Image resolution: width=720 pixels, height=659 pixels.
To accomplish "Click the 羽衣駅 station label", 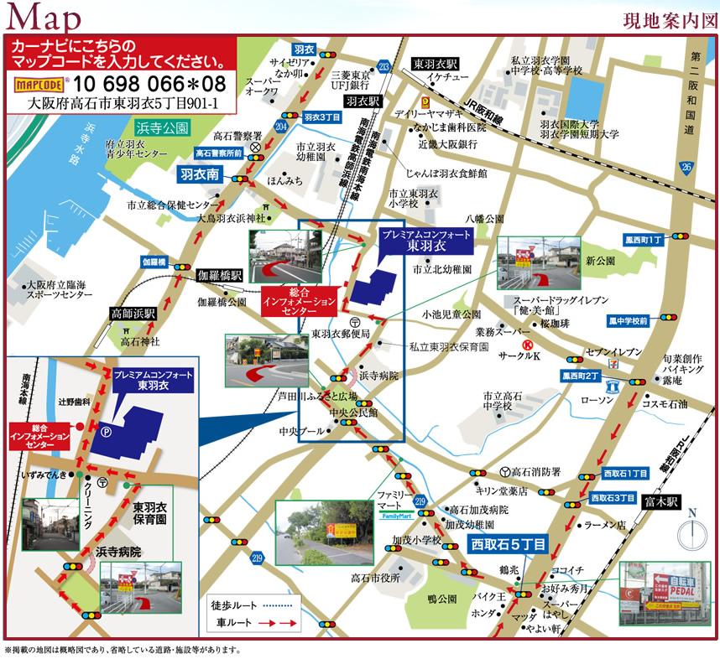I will click(363, 100).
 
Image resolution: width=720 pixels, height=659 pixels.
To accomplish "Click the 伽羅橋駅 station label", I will click(219, 275).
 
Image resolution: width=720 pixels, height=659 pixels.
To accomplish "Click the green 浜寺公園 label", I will click(162, 127).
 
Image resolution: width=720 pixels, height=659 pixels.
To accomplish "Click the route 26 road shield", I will click(687, 169).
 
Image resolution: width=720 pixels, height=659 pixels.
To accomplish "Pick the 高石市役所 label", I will click(376, 579).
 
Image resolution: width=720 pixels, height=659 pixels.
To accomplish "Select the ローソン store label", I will click(597, 399).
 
